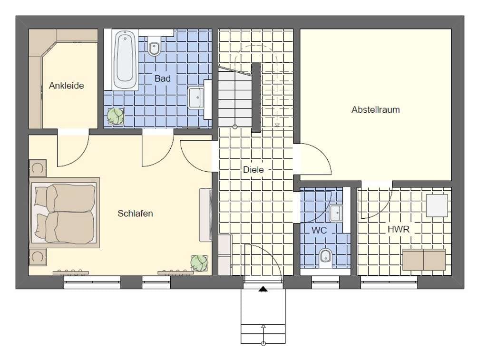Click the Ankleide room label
click(x=67, y=86)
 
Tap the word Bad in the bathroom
click(x=163, y=78)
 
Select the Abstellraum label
click(x=376, y=110)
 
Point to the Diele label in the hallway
click(x=253, y=170)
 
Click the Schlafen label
click(x=135, y=214)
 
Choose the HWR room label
click(x=399, y=230)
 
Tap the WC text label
click(x=319, y=230)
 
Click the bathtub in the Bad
click(x=125, y=60)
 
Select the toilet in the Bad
click(x=154, y=46)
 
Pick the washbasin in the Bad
click(x=196, y=98)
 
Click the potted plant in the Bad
click(x=115, y=116)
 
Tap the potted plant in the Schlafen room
click(x=199, y=263)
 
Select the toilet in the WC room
click(x=325, y=258)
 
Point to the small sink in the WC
click(x=336, y=213)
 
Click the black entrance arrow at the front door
click(x=263, y=289)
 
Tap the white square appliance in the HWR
click(x=437, y=205)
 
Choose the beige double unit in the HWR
click(x=424, y=259)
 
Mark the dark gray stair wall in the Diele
click(x=256, y=97)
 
